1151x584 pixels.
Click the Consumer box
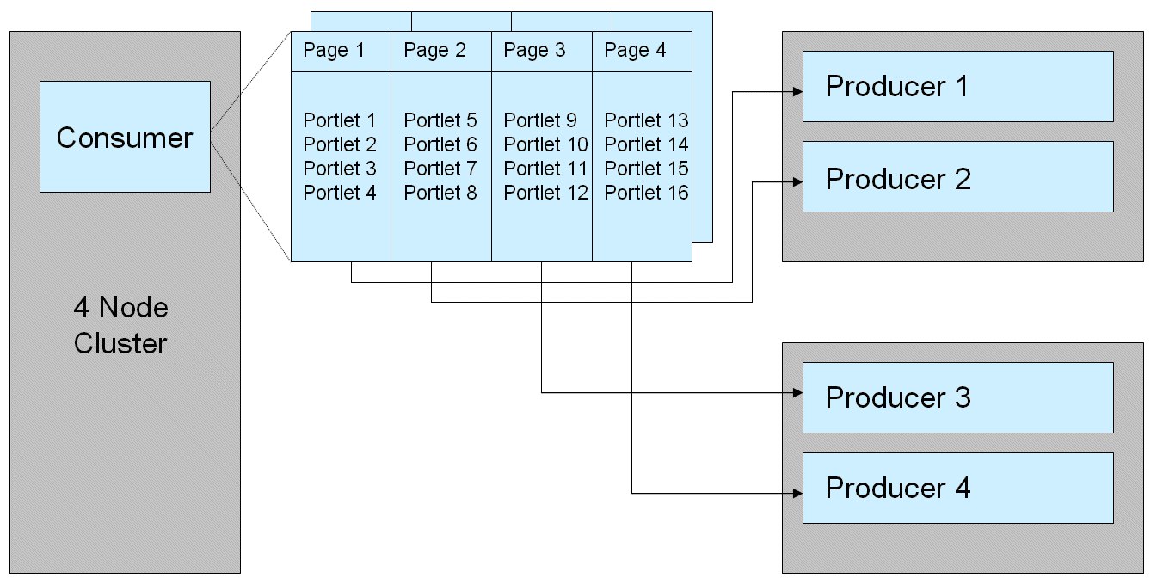coord(125,137)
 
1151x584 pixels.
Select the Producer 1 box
coord(957,86)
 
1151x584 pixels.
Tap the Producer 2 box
coord(957,177)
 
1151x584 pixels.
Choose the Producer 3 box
coord(957,397)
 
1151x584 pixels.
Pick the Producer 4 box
coord(957,488)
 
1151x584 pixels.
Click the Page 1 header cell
coord(341,51)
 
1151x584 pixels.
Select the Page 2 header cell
coord(440,51)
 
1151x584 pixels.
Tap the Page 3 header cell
coord(541,51)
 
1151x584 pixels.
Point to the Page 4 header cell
coord(642,51)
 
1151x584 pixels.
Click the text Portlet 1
coord(340,120)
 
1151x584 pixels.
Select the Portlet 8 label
coord(440,193)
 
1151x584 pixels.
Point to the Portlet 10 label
coord(545,144)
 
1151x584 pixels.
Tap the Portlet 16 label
coord(646,193)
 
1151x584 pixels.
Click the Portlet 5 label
coord(440,120)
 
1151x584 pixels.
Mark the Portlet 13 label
coord(646,120)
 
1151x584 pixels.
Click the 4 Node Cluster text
coord(120,325)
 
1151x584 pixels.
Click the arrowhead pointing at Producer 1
coord(797,89)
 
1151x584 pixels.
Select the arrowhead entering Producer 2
coord(797,181)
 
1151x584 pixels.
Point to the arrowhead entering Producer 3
coord(797,393)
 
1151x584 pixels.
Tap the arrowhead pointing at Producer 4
coord(797,493)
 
